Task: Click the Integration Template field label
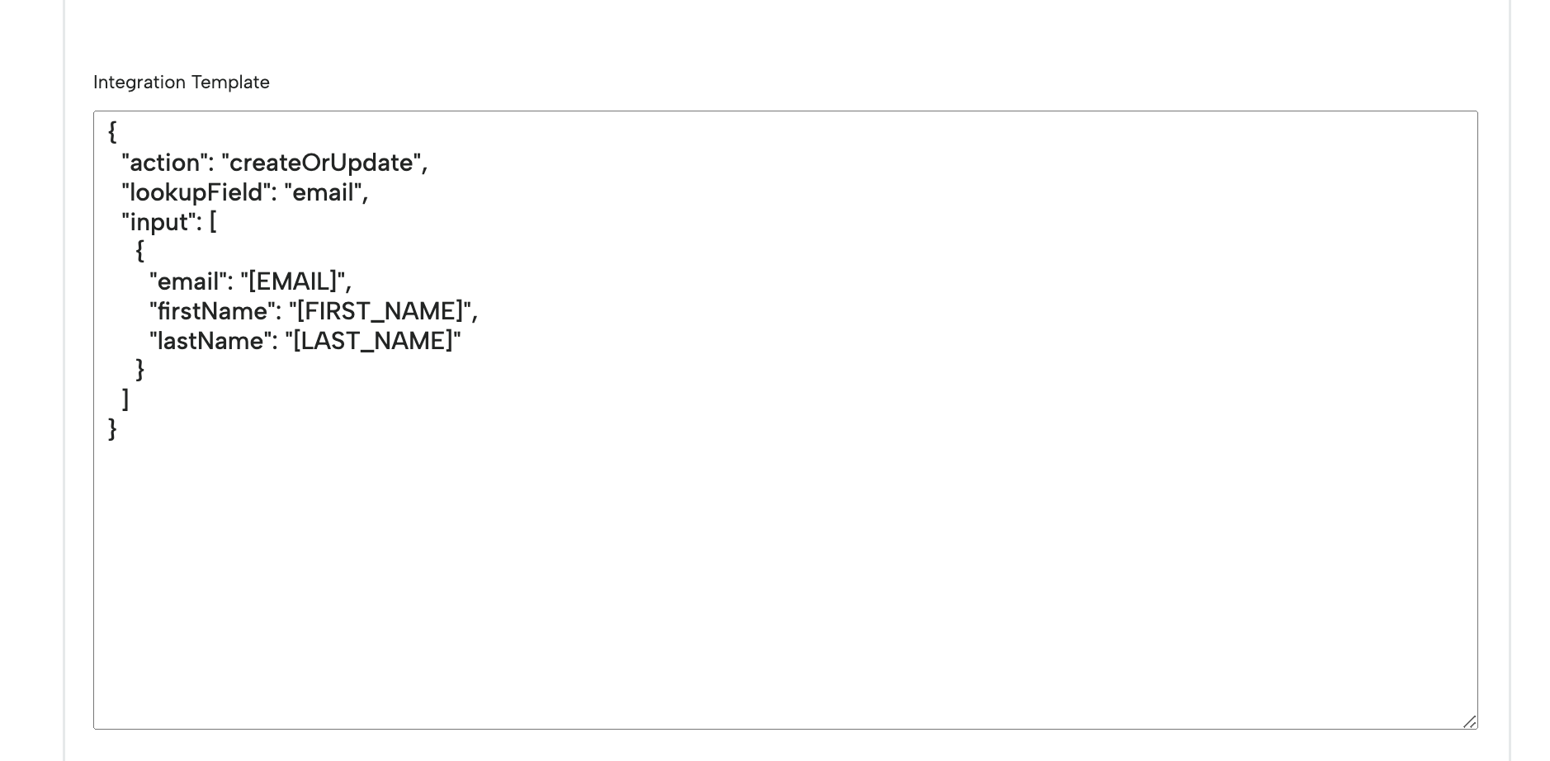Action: [182, 83]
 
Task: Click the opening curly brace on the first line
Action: [112, 132]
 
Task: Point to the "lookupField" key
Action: [196, 192]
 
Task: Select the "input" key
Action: [158, 222]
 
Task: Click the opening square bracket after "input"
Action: [213, 222]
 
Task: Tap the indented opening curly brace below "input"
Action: [140, 251]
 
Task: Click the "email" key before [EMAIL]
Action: [188, 281]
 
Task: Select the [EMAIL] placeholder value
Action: [292, 281]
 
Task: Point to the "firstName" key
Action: [211, 311]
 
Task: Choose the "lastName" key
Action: [210, 341]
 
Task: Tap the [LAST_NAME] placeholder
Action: [373, 341]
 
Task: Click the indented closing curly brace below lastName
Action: [140, 370]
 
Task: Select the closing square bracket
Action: [125, 399]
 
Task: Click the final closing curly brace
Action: [112, 429]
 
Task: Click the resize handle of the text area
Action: [1469, 721]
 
